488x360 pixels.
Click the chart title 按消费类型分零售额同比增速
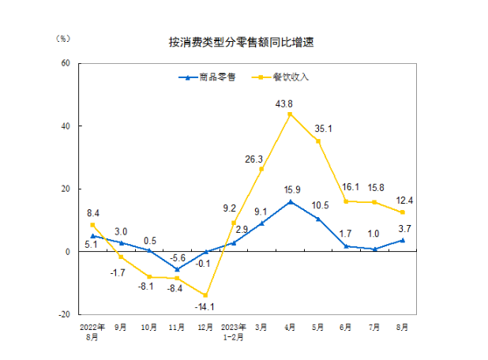242,42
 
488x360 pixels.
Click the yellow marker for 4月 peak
290,114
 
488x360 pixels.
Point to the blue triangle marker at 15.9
290,202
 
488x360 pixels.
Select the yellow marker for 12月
205,295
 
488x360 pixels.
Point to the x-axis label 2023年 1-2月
234,331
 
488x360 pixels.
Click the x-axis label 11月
178,326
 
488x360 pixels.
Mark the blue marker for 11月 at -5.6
177,269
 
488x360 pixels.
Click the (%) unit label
64,37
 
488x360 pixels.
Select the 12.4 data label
405,201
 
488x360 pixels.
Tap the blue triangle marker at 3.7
404,240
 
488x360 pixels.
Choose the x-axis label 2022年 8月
92,331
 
